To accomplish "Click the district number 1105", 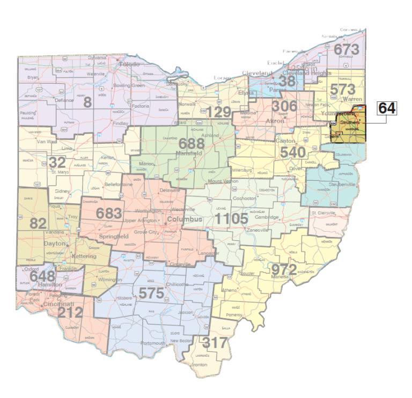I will click(232, 219).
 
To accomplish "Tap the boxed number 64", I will click(387, 108).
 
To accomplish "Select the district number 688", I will click(192, 144).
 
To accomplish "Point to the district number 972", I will click(284, 269).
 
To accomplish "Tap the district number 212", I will click(71, 312).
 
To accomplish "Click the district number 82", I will click(38, 224).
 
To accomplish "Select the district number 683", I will click(109, 213).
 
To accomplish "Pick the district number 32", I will click(57, 162).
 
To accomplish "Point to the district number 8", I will click(87, 101).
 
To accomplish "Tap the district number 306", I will click(284, 106).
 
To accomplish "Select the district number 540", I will click(293, 152).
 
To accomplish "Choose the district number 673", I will click(345, 49).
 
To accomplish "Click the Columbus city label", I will click(184, 220).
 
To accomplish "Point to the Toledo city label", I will click(128, 64).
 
